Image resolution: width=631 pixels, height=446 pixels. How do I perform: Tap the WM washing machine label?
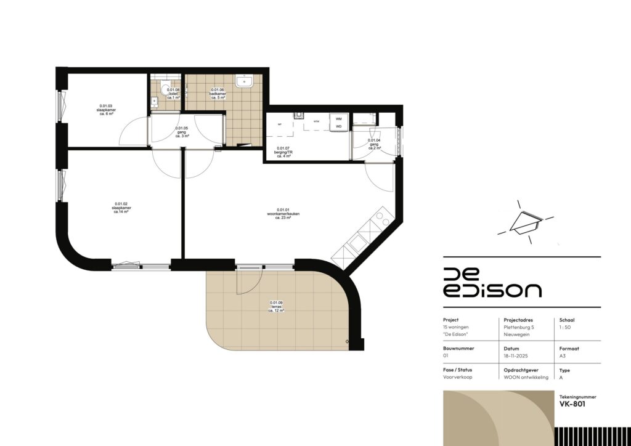[338, 118]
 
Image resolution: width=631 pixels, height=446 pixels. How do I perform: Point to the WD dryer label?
[338, 128]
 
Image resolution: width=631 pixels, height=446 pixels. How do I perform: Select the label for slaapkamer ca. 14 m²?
[121, 208]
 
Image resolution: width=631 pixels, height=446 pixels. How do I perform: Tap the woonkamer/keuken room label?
[283, 213]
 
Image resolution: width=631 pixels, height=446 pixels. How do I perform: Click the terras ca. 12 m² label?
[276, 307]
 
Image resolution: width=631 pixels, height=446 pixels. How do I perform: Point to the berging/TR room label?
[283, 152]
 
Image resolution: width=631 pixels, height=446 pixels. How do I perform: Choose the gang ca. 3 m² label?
[182, 132]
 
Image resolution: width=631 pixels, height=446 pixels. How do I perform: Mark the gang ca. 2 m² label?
[375, 144]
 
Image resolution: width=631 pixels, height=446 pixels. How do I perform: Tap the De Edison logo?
[492, 283]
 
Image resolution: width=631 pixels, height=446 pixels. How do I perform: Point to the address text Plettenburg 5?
[518, 327]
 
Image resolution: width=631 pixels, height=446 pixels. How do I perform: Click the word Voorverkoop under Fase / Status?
[457, 377]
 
